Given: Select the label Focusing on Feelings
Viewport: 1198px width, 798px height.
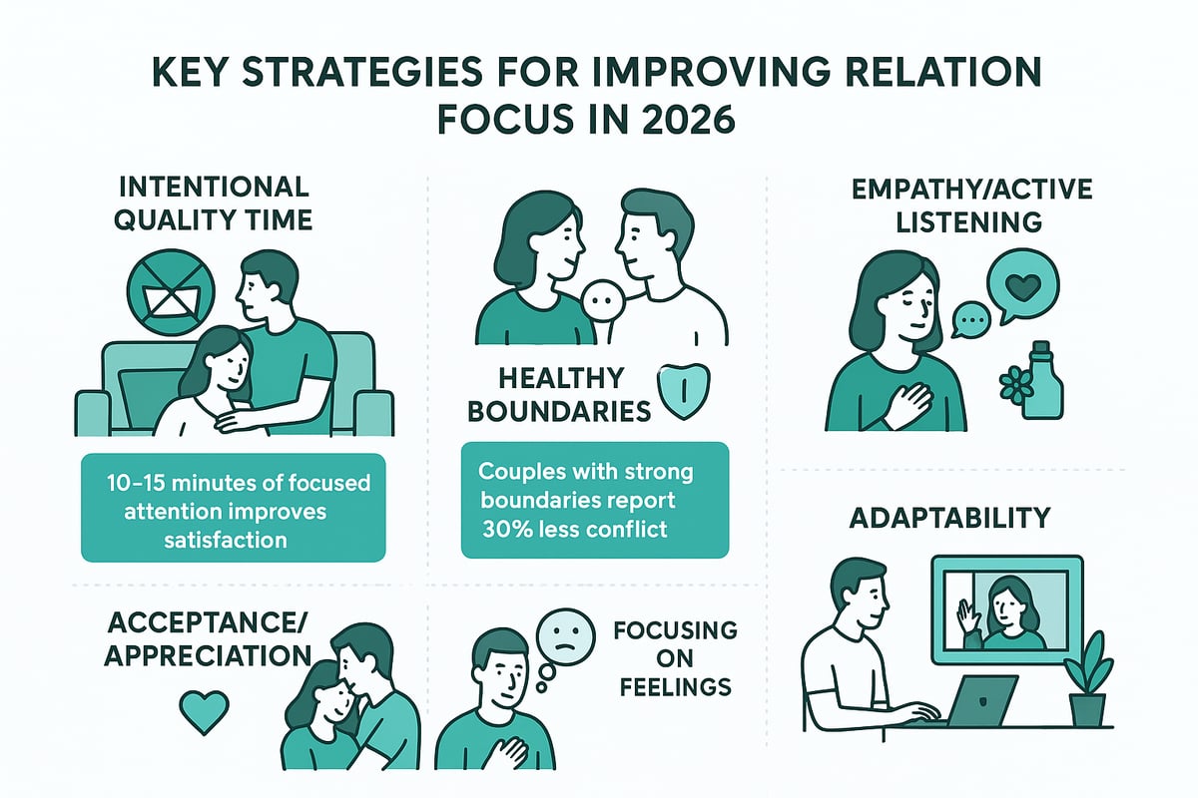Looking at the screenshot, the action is click(674, 658).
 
